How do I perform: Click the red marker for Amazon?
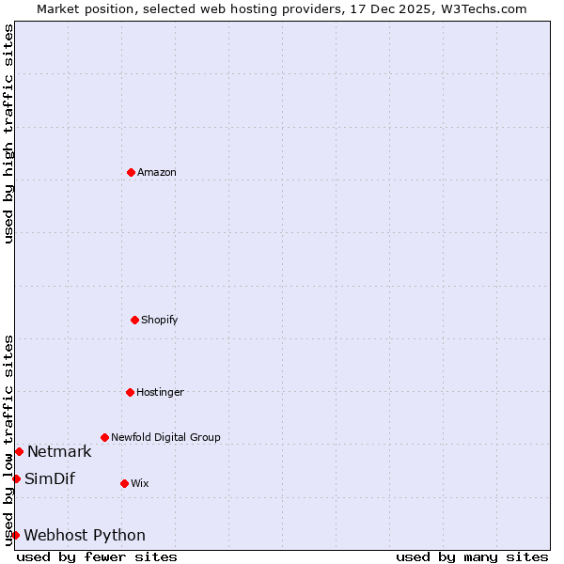click(131, 172)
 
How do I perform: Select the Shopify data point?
click(134, 320)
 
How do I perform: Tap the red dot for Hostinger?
click(130, 392)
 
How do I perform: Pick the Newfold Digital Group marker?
click(104, 437)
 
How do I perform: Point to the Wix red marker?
click(124, 483)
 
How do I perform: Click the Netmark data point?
click(19, 451)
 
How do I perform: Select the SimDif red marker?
click(16, 478)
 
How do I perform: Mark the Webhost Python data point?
click(15, 535)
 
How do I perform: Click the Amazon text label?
click(157, 172)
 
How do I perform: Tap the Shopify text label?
click(160, 320)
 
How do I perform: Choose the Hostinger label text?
click(160, 392)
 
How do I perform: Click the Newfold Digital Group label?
click(165, 437)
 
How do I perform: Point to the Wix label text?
click(140, 483)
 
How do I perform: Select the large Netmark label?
click(59, 451)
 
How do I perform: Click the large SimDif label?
click(50, 478)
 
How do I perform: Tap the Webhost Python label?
click(85, 535)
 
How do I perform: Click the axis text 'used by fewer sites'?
click(97, 556)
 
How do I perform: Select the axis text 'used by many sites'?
click(472, 556)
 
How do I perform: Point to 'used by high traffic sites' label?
click(9, 133)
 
